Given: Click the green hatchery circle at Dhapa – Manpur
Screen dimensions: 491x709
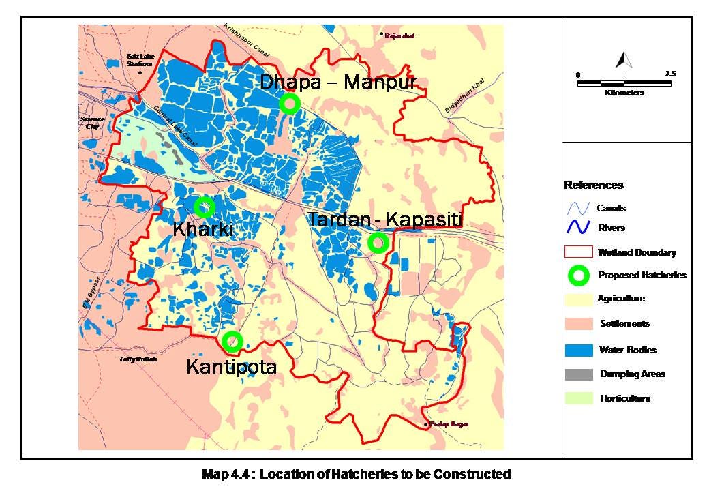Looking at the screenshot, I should click(x=289, y=104).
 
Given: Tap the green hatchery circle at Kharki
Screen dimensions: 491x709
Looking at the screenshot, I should click(x=205, y=207).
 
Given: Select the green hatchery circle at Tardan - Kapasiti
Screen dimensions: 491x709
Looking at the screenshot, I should click(x=378, y=242).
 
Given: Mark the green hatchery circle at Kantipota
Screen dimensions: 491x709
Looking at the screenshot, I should click(x=232, y=341).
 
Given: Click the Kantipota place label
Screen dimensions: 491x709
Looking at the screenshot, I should click(x=232, y=368).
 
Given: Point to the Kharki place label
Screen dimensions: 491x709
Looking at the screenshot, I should click(x=203, y=230).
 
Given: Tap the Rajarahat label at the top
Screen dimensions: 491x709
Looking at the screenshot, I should click(x=400, y=35).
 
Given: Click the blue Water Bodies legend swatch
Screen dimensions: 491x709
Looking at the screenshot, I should click(x=579, y=351).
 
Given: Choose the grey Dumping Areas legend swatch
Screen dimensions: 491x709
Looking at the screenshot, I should click(x=579, y=374).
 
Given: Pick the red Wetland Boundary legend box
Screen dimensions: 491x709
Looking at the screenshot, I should click(x=579, y=252).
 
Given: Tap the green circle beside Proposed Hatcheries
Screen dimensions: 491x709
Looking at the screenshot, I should click(x=579, y=276).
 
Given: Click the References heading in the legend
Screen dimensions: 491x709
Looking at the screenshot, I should click(x=593, y=185).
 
